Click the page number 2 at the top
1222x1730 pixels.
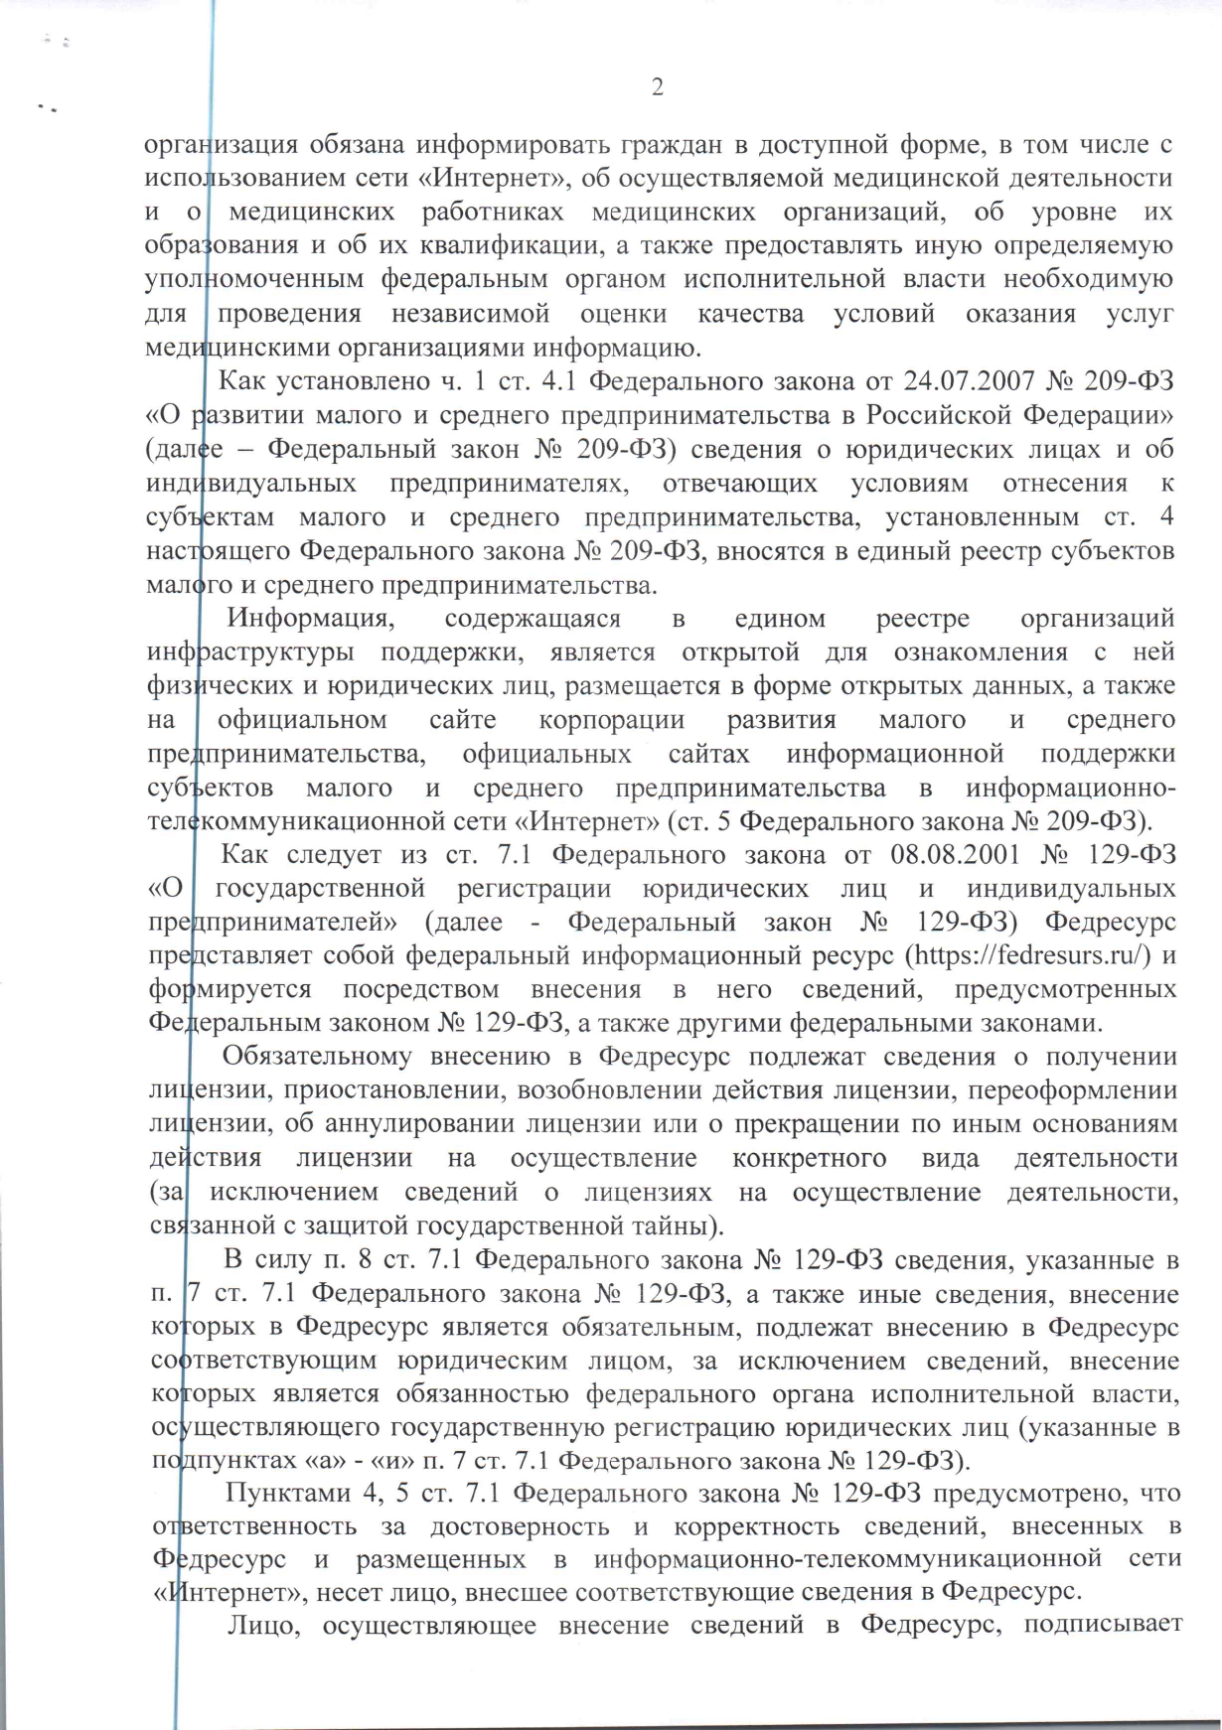tap(657, 87)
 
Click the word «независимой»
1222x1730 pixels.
tap(470, 314)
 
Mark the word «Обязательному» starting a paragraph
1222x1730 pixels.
tap(317, 1057)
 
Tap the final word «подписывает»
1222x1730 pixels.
tap(1103, 1625)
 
